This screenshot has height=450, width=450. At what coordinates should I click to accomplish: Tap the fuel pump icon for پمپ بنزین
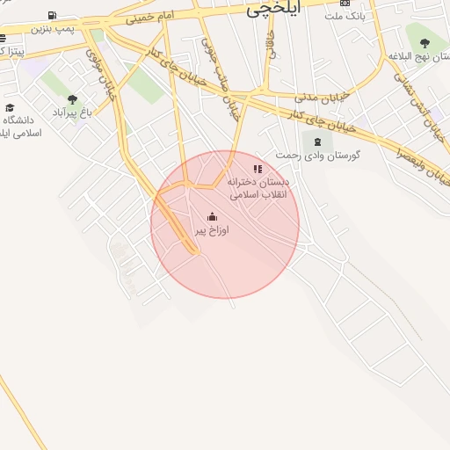(53, 15)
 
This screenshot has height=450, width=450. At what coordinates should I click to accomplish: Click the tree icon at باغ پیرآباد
(72, 99)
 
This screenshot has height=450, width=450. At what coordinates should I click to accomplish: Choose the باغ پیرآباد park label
(72, 112)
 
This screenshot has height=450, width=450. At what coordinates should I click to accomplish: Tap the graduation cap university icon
(12, 105)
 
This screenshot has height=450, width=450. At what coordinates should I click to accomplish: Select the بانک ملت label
(344, 16)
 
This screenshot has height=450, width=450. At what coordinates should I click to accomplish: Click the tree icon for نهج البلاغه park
(425, 42)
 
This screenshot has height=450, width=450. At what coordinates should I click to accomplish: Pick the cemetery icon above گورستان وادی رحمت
(317, 141)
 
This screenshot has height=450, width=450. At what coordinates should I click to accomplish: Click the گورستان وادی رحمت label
(318, 155)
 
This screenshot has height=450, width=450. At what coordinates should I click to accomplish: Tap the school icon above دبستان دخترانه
(258, 168)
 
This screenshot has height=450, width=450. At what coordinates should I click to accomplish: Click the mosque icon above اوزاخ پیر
(212, 216)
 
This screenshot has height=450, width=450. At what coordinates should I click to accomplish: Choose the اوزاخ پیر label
(211, 230)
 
